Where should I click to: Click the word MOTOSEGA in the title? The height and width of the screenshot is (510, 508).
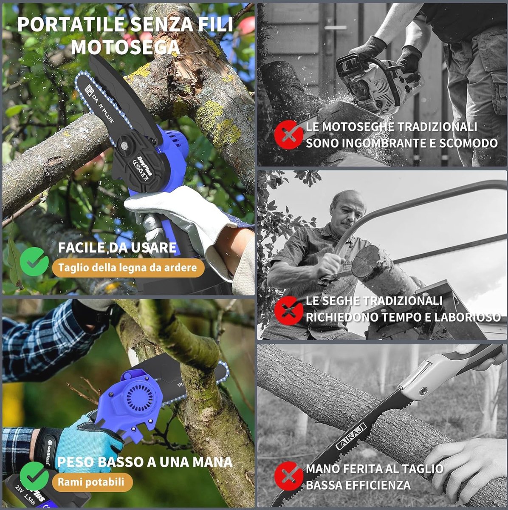[x=125, y=47]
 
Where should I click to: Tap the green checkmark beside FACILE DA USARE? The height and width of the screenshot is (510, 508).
[x=34, y=261]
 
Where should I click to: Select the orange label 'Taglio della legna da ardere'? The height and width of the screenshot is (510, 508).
[x=128, y=268]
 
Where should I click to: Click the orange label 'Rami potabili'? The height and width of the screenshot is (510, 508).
[x=91, y=482]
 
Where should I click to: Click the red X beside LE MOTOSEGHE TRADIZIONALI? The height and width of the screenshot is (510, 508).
[x=288, y=135]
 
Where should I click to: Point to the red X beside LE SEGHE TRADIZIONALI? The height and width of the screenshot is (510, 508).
[x=288, y=310]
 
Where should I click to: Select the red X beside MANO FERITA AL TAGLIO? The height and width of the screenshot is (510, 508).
[x=288, y=476]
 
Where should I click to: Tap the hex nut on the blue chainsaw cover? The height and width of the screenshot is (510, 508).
[x=123, y=145]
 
